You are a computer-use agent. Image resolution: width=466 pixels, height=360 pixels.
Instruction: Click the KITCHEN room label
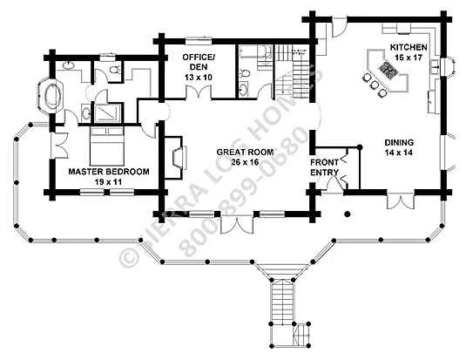tap(409, 47)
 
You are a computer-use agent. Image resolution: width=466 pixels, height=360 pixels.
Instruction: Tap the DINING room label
tap(399, 142)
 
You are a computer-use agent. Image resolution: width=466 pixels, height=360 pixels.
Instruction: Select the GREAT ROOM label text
tap(245, 152)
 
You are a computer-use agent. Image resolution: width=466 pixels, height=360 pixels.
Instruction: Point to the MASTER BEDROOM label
tap(109, 172)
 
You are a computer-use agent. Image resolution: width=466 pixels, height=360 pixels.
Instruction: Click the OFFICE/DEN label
tap(199, 62)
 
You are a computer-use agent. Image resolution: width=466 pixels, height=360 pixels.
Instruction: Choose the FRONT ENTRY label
tap(325, 167)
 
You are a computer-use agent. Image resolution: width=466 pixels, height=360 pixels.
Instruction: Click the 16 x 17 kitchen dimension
tap(409, 58)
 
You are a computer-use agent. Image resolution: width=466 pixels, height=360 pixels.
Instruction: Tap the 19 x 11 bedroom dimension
tap(109, 182)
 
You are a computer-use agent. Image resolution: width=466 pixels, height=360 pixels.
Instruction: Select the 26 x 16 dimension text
tap(245, 162)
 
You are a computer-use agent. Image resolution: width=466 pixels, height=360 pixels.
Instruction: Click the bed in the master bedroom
tap(107, 146)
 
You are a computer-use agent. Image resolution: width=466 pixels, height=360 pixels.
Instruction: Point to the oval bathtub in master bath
tap(53, 95)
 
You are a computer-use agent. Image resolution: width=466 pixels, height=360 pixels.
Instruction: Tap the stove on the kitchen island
tap(388, 71)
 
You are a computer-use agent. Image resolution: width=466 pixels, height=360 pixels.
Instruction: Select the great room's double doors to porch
tap(237, 223)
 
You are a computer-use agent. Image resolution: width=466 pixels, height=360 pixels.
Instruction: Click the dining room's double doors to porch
tap(401, 200)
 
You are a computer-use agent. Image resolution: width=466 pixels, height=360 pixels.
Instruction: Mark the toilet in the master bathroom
tap(113, 71)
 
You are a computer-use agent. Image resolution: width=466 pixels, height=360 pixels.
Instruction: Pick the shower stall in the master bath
tap(107, 112)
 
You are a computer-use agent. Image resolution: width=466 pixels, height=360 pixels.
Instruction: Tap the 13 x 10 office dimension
tap(199, 78)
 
